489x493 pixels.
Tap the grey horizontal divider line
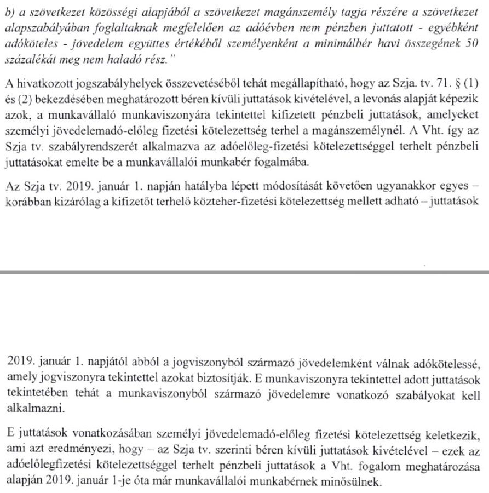(244, 271)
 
